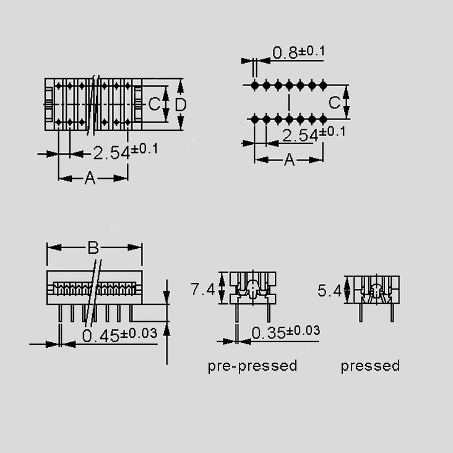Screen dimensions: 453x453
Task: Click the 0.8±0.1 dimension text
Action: click(x=298, y=53)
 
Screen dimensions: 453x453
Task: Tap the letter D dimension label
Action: click(x=180, y=105)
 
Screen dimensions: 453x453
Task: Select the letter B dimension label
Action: click(x=93, y=248)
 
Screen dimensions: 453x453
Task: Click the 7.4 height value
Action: click(x=202, y=289)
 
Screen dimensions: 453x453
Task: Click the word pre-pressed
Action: click(x=252, y=366)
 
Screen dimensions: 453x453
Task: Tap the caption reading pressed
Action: click(x=370, y=366)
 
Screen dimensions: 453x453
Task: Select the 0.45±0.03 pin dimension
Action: click(x=119, y=335)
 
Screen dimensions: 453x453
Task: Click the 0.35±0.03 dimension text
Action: click(x=285, y=332)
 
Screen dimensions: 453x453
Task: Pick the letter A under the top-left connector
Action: click(x=90, y=179)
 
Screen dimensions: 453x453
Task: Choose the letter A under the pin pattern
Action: click(x=289, y=160)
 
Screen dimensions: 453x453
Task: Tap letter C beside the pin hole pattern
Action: click(x=334, y=102)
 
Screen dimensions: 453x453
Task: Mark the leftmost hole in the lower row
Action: click(x=254, y=118)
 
